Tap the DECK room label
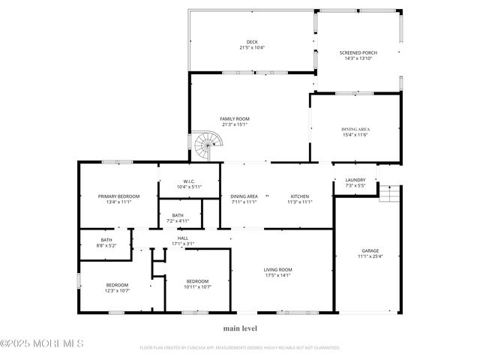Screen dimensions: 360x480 tap(251, 41)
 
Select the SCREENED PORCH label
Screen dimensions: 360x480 tap(358, 52)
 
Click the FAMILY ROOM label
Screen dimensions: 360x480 tap(234, 119)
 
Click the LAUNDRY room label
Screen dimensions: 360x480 tap(355, 180)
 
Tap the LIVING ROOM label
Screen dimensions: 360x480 tap(277, 270)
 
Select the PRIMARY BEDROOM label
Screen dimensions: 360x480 tap(118, 196)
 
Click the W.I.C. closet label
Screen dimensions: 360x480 tap(189, 181)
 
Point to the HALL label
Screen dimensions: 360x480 tap(183, 238)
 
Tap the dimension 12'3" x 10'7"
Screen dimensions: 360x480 tap(117, 291)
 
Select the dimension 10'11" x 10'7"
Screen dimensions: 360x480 tap(198, 286)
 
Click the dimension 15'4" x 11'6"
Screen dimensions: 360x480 tap(355, 135)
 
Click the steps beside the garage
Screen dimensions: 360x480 tap(389, 194)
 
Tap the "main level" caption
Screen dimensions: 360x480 tap(240, 328)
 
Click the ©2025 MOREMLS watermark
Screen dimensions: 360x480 tap(42, 343)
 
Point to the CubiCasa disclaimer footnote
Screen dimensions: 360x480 tap(240, 348)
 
